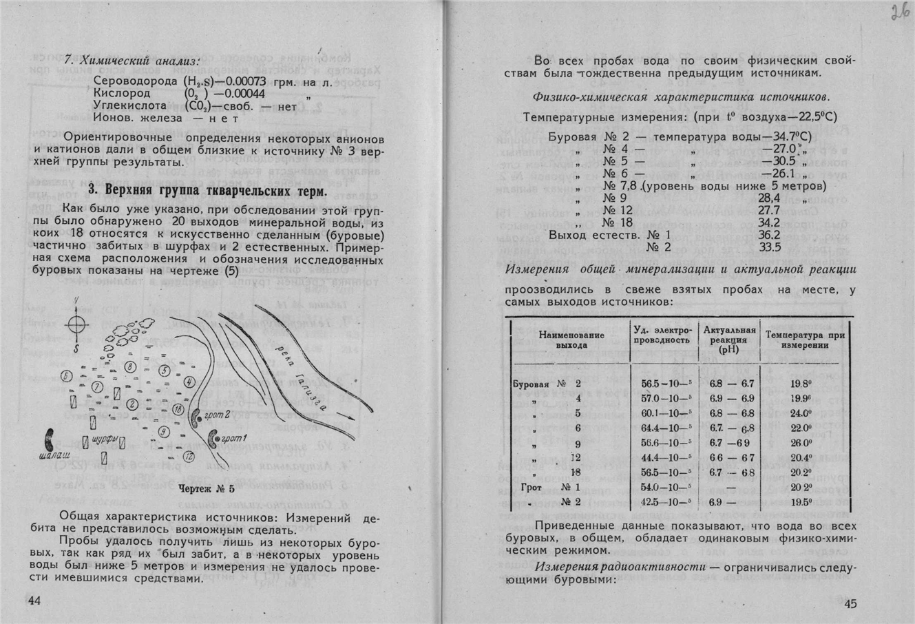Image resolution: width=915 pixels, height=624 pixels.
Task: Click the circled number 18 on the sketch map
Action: tap(178, 409)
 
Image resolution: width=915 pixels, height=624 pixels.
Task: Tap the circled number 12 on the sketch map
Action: tap(189, 456)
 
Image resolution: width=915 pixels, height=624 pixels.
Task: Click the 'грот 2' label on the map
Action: tap(218, 415)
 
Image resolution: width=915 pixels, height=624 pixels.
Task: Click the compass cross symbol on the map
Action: tap(76, 324)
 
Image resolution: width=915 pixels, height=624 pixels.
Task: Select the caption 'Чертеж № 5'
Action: tap(207, 490)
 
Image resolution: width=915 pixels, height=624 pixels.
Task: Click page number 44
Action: tap(35, 601)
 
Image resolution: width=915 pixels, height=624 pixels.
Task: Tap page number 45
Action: tap(850, 604)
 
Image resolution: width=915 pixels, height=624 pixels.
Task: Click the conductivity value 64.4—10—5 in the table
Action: tap(665, 428)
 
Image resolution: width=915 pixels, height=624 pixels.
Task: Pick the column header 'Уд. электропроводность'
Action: tap(661, 335)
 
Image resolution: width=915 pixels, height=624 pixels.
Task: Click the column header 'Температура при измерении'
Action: tap(804, 340)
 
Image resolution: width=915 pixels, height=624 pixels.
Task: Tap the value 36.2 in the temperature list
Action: tap(769, 235)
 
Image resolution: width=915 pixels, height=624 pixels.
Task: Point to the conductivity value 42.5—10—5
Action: tap(665, 501)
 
